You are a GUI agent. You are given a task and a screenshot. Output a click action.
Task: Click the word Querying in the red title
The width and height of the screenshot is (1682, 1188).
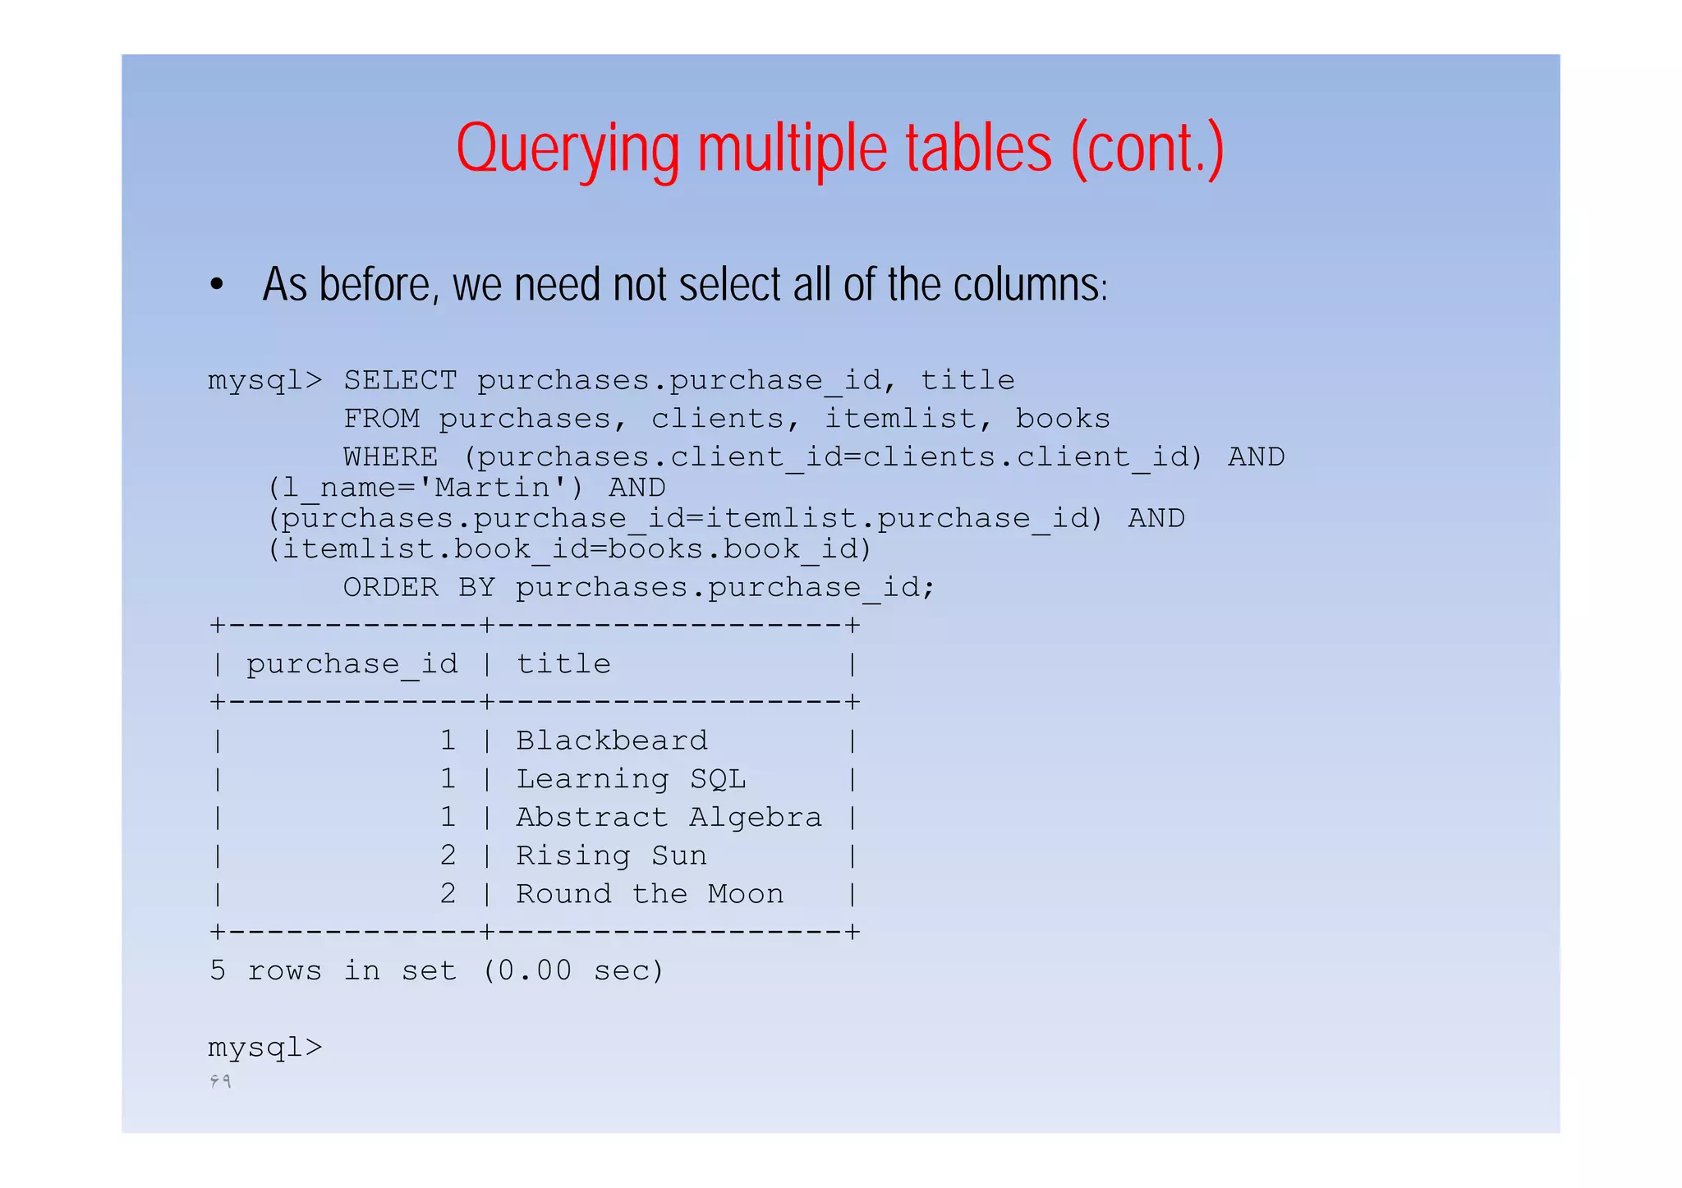coord(568,149)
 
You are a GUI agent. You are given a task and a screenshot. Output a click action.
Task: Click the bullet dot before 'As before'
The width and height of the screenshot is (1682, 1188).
coord(216,285)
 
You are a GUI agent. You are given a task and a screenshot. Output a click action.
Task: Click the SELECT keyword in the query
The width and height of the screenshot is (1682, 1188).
coord(400,381)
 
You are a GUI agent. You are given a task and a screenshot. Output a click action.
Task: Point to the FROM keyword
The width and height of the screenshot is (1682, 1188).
coord(381,420)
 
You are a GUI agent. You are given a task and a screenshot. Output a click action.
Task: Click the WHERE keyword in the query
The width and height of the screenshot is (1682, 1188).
coord(390,457)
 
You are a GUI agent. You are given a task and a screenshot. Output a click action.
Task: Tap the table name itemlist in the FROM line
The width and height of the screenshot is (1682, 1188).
coord(900,420)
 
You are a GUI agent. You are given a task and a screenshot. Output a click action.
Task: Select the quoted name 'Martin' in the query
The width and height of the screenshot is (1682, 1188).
coord(491,489)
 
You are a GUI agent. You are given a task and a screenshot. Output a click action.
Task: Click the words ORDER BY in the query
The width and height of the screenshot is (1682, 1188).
coord(419,588)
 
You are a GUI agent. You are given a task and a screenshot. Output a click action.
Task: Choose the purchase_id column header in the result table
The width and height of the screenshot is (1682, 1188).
coord(352,664)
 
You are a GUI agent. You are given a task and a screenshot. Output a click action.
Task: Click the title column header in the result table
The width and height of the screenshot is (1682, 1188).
coord(563,664)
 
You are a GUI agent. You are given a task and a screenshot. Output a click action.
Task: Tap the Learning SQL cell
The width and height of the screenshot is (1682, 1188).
coord(631,779)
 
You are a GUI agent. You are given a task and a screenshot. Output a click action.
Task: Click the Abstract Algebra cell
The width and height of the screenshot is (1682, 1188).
coord(669,818)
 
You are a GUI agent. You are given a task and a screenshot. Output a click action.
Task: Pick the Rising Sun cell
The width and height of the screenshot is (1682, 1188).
coord(611,856)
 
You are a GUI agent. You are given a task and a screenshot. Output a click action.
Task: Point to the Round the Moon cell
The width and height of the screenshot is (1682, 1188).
coord(650,894)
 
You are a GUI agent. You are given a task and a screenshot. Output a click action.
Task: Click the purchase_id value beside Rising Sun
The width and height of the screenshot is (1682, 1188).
coord(448,856)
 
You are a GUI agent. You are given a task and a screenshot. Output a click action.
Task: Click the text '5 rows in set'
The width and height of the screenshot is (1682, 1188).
coord(333,971)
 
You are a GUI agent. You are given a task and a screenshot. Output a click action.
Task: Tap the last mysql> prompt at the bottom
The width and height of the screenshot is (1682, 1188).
coord(265,1048)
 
